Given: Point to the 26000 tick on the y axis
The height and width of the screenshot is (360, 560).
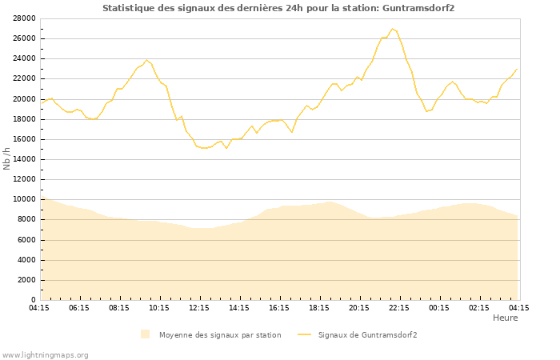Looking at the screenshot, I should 24,38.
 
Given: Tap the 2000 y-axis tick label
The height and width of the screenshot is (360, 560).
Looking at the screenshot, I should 26,280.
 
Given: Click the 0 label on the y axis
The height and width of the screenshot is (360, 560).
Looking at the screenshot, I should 33,300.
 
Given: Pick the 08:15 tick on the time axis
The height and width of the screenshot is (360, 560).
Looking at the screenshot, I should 119,307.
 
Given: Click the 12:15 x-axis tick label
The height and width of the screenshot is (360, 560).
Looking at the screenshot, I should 199,307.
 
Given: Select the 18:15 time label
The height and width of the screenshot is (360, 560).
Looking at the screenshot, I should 319,307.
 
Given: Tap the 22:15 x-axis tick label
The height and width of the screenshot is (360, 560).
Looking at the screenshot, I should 399,307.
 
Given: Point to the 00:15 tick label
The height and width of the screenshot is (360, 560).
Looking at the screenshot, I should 439,307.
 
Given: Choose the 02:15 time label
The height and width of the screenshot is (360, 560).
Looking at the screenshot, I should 479,307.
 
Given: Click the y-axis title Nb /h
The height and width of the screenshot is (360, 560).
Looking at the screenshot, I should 7,158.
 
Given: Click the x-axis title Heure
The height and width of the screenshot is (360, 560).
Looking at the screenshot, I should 505,318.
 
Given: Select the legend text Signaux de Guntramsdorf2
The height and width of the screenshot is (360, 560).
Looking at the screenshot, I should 367,335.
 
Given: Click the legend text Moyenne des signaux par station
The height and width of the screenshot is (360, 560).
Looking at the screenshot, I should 220,335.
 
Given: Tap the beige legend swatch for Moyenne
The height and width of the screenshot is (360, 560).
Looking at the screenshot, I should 145,334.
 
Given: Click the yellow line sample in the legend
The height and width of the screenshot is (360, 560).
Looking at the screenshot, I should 303,334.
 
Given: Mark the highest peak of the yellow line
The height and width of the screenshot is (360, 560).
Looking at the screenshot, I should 392,29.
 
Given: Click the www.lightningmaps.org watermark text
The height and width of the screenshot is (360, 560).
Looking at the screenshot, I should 46,354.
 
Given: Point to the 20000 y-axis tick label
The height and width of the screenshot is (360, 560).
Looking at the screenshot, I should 24,99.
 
